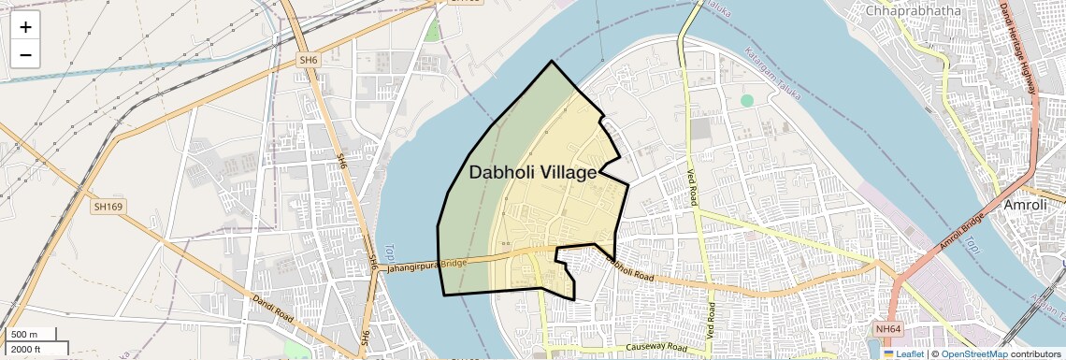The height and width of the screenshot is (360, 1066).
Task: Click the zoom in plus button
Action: point(25,27)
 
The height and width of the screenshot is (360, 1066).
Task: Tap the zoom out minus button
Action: point(25,55)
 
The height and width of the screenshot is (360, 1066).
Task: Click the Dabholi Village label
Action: point(532,173)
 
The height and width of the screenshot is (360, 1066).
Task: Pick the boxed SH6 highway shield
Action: point(310,60)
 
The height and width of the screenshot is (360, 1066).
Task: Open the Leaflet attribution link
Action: point(903,354)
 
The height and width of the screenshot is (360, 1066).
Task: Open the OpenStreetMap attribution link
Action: point(973,354)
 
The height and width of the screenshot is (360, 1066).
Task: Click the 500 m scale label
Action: point(25,335)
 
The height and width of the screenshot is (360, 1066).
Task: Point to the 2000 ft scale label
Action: point(28,350)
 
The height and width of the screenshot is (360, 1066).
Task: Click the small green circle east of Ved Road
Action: point(746,100)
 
